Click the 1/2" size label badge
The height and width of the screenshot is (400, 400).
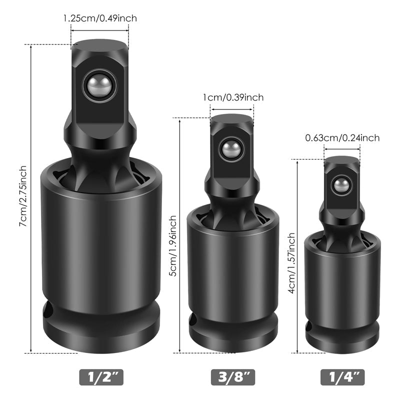[100, 376]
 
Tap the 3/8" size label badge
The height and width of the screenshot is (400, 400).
[232, 376]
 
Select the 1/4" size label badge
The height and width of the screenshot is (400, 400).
[342, 376]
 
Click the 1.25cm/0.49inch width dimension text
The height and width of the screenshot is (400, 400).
[100, 18]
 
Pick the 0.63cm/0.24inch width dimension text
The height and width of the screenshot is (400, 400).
[342, 138]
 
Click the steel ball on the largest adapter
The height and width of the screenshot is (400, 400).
[98, 85]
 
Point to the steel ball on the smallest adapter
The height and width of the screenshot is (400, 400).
[342, 186]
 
